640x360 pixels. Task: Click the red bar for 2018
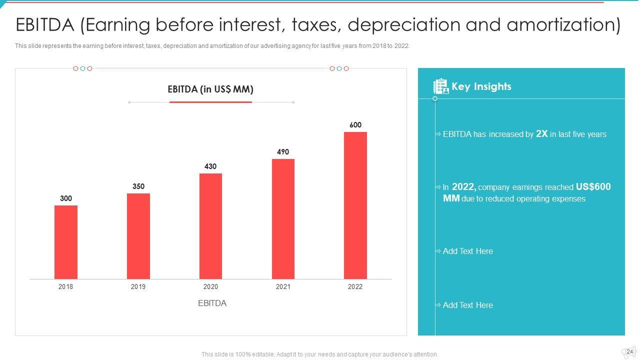66,242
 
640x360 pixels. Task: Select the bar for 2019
138,236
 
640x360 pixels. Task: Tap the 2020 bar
210,226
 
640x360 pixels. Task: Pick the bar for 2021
283,219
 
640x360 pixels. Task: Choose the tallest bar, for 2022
355,205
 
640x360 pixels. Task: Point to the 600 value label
355,125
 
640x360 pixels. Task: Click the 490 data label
283,152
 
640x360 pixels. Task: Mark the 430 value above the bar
210,166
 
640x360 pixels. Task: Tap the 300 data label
66,198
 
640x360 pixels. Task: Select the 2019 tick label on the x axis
138,286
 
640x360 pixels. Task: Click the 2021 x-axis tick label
283,286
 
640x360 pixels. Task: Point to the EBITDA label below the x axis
212,303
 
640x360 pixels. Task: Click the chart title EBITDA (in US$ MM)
210,89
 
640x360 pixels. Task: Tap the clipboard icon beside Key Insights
440,86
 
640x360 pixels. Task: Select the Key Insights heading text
481,86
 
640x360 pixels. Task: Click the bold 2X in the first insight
542,133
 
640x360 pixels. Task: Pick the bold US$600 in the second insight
593,187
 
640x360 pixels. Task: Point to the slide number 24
629,351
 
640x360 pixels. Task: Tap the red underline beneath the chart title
210,102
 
